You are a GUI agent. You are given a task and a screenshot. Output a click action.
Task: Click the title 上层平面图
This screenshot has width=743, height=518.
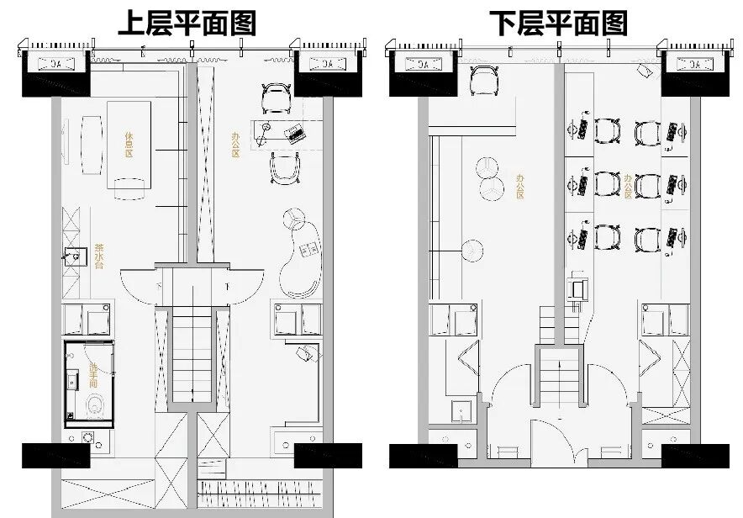186,23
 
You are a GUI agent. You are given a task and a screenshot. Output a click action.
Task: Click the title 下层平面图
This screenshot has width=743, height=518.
559,23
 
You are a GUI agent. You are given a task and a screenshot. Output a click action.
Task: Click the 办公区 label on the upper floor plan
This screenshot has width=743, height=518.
235,144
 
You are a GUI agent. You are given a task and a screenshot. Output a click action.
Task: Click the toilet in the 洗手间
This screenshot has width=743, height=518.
94,408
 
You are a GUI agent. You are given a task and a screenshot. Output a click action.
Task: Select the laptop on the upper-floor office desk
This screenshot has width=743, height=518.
294,132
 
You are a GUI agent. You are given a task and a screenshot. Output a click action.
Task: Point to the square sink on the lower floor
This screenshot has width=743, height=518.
460,410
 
